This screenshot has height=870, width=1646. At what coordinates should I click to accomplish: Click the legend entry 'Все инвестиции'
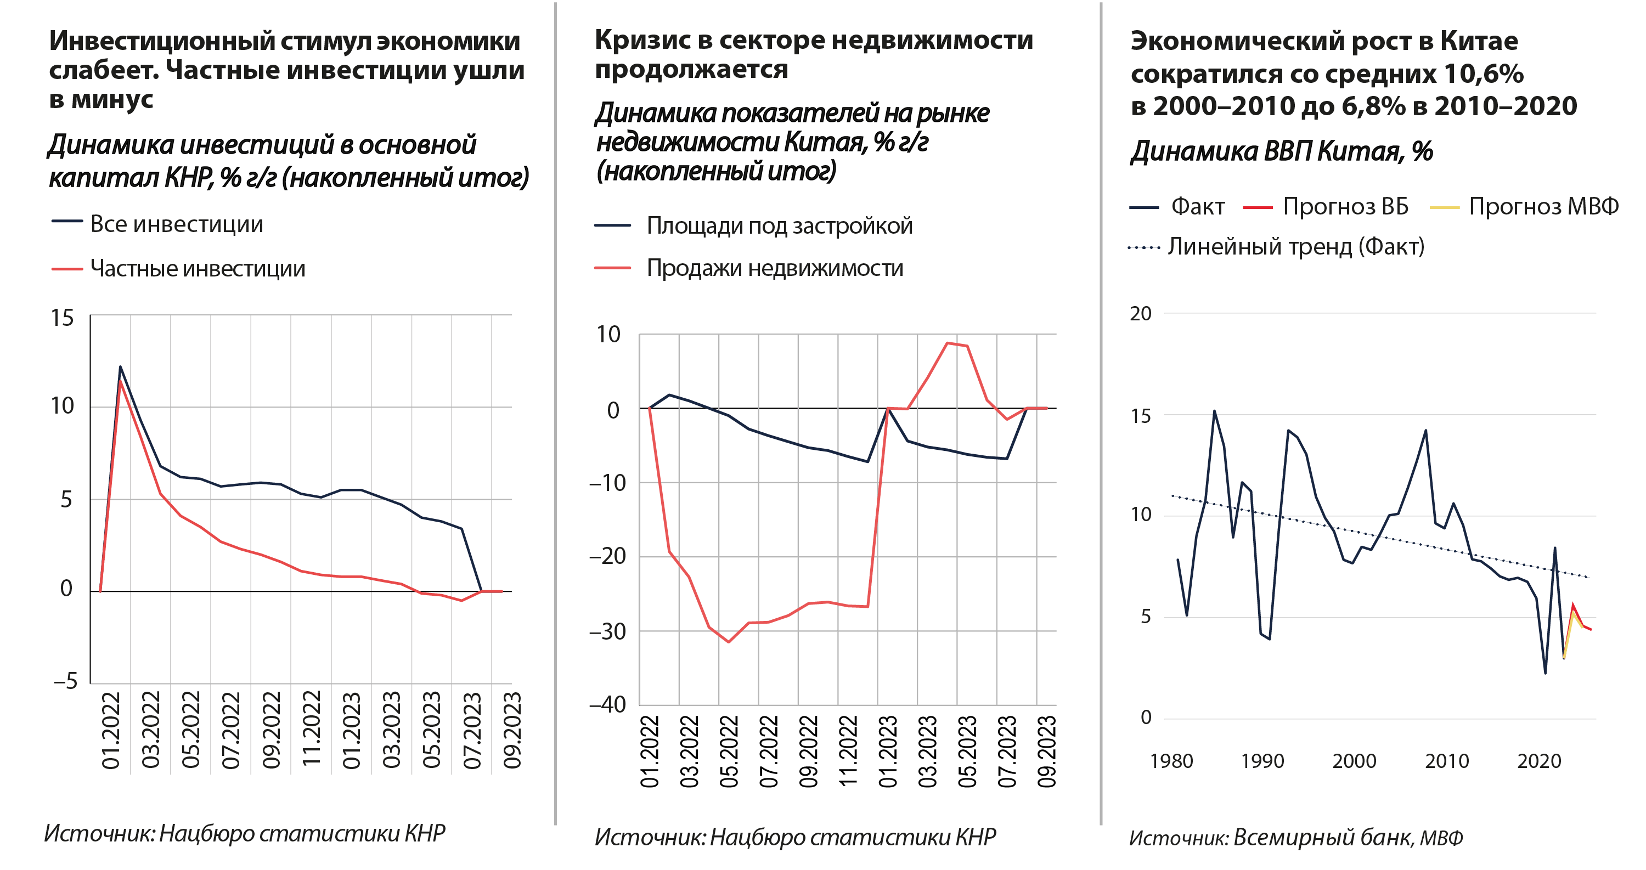(x=176, y=224)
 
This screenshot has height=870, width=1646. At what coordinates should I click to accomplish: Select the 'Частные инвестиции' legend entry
(x=198, y=268)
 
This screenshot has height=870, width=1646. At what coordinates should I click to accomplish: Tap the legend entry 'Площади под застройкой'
(x=779, y=225)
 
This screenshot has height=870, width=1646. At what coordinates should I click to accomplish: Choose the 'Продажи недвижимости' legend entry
(x=774, y=268)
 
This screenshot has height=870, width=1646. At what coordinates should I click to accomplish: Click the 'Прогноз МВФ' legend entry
(x=1543, y=207)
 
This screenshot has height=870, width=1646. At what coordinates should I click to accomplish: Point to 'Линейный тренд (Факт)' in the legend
(x=1296, y=246)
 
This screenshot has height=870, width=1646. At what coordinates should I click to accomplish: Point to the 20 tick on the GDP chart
(x=1141, y=314)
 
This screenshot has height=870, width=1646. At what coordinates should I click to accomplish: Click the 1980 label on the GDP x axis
(x=1171, y=761)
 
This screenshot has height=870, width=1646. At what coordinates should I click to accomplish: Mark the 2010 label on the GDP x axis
(x=1447, y=761)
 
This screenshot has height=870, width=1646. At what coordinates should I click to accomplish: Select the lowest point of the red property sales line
(x=729, y=642)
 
